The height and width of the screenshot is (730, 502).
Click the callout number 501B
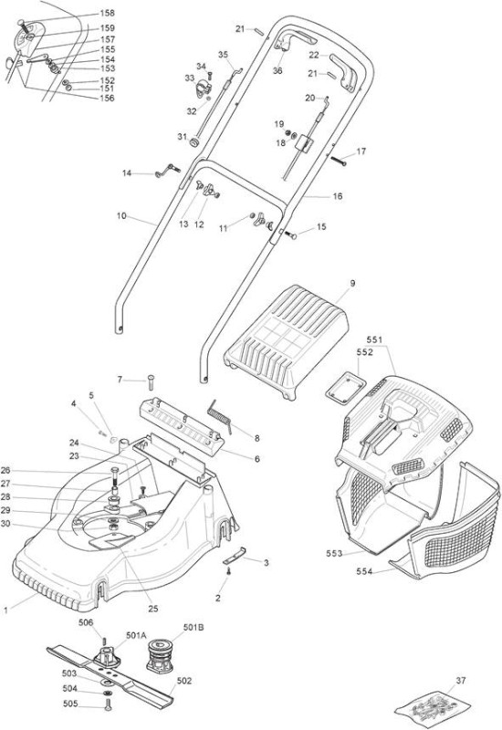(193, 628)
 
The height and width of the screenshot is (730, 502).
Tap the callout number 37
(461, 681)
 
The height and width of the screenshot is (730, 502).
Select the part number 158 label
(108, 13)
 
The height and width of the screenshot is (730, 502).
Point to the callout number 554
(364, 571)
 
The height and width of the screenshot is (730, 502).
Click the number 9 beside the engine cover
(352, 283)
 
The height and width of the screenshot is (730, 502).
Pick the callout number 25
(153, 609)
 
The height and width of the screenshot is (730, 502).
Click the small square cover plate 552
(345, 387)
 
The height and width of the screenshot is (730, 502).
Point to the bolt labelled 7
(151, 383)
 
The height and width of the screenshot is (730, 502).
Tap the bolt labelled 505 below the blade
(108, 704)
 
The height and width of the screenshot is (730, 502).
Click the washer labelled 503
(107, 683)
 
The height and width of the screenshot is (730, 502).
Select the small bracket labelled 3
(235, 555)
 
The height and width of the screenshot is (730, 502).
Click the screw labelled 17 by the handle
(339, 161)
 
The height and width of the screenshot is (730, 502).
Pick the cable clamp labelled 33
(204, 88)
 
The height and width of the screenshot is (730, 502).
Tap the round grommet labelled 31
(193, 141)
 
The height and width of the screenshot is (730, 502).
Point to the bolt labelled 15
(290, 235)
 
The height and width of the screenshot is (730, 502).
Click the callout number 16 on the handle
(338, 196)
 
